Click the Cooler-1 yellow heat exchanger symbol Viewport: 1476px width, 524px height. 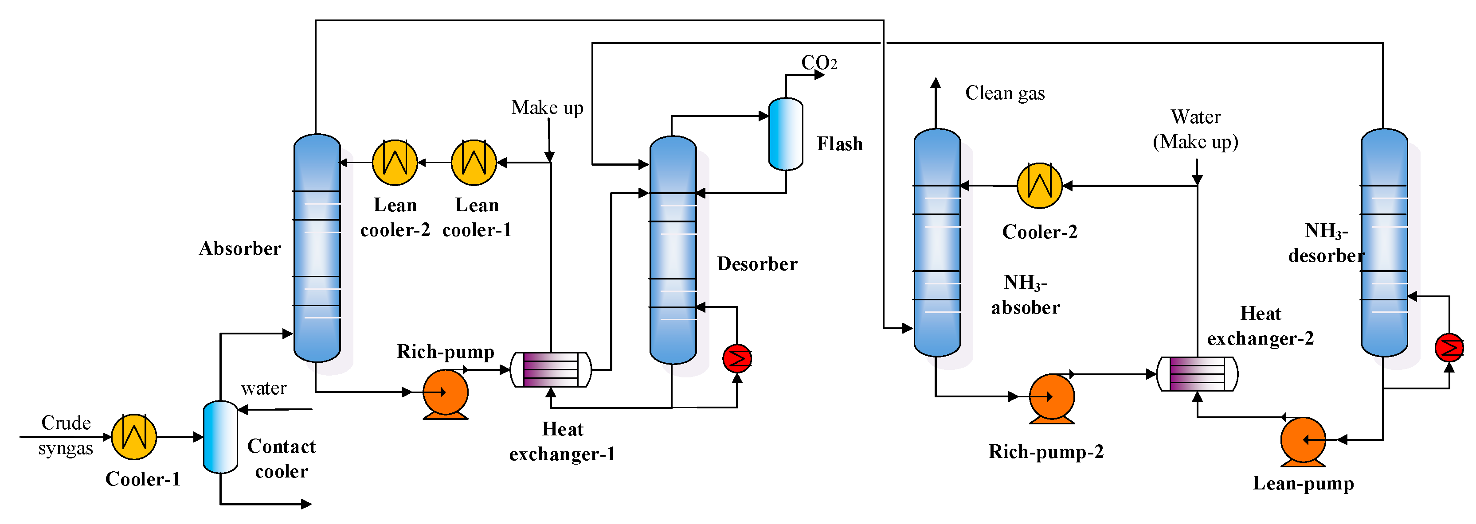click(x=133, y=437)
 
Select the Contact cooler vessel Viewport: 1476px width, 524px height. click(x=221, y=437)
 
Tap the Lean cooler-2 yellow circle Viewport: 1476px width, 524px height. click(x=395, y=163)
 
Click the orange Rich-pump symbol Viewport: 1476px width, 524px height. click(x=445, y=393)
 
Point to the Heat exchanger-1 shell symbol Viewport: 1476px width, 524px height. click(x=550, y=370)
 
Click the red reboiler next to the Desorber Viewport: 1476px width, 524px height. click(x=737, y=358)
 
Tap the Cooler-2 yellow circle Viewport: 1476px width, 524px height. click(x=1039, y=186)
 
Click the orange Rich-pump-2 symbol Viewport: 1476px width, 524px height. click(x=1051, y=397)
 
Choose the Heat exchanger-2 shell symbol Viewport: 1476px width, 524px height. click(x=1198, y=374)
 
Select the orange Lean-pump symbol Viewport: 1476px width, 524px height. click(x=1303, y=440)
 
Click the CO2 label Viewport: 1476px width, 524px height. click(x=819, y=62)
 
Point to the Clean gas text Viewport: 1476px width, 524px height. click(x=1005, y=93)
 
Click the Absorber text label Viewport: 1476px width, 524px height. click(x=240, y=248)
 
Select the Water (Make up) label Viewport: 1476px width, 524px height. click(x=1196, y=129)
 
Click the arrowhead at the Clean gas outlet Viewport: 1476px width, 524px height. click(x=936, y=83)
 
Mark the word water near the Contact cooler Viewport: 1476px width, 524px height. click(x=263, y=388)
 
